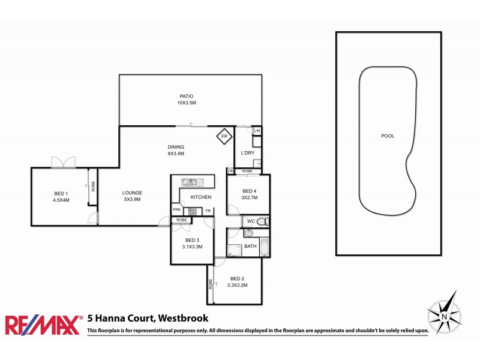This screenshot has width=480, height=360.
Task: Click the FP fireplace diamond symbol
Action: (224, 137)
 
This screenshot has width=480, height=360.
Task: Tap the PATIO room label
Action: (187, 96)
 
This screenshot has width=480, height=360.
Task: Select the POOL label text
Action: (388, 136)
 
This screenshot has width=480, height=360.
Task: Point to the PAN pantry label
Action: (177, 209)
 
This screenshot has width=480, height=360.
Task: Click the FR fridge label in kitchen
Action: (208, 210)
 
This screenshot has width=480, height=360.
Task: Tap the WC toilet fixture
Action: (265, 222)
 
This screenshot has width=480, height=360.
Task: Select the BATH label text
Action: (250, 247)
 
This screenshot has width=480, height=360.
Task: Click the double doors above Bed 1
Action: (64, 162)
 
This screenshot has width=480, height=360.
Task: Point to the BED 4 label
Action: (249, 191)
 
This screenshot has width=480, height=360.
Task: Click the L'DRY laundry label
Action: (248, 153)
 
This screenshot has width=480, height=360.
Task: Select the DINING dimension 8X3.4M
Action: (176, 154)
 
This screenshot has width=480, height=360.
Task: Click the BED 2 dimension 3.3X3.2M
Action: (238, 285)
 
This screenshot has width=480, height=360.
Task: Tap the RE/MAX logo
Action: (43, 325)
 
